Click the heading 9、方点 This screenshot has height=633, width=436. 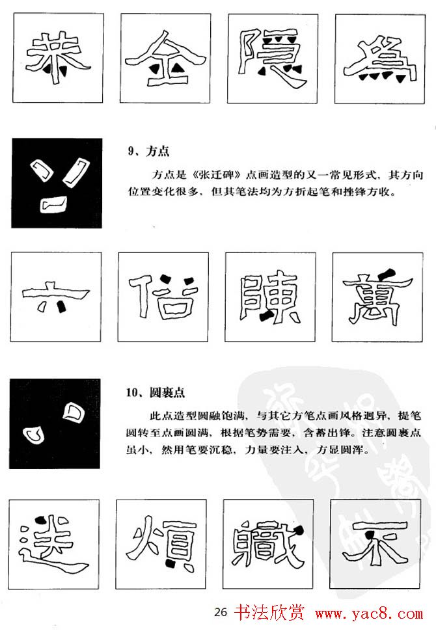pos(148,151)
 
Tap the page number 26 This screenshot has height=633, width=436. pos(220,612)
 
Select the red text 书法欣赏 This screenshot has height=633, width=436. pos(261,613)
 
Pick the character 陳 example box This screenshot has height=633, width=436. pos(269,297)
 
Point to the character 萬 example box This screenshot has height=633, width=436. pos(376,297)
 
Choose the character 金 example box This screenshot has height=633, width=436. pos(164,59)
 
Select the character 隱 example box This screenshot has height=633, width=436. pos(272,59)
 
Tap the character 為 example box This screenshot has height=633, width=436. pos(379,59)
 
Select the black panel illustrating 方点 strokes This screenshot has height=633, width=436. pos(57,183)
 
